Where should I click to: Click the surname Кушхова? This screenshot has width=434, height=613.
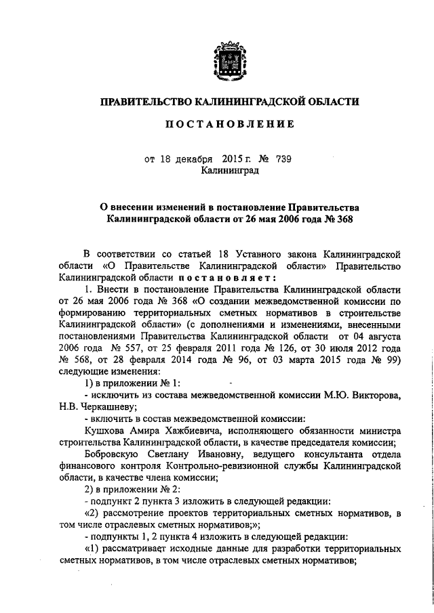(104, 431)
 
